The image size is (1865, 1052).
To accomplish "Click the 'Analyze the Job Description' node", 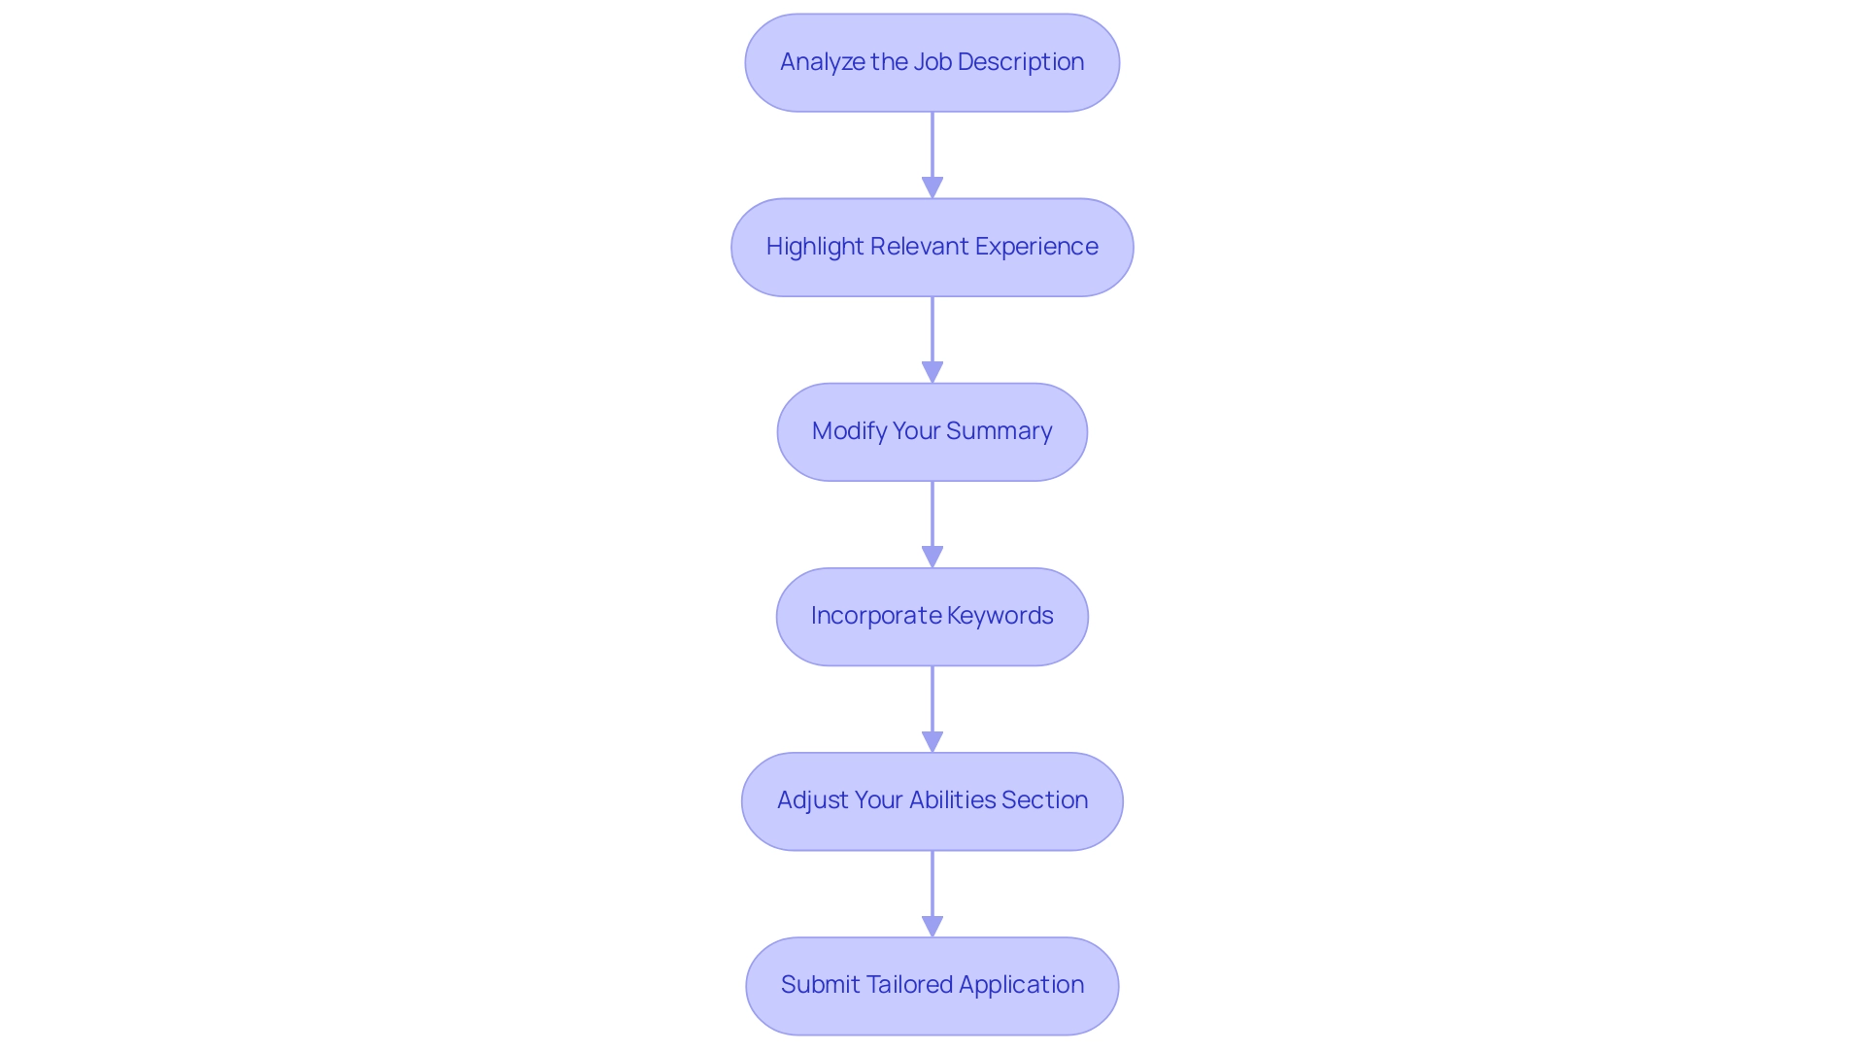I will click(932, 62).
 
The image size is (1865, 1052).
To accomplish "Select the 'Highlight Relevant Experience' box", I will click(932, 247).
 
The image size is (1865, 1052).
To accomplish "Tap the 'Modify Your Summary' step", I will click(932, 431).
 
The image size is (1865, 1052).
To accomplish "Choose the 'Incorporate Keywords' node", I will click(932, 616).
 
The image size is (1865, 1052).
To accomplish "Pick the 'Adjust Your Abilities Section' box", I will click(932, 800).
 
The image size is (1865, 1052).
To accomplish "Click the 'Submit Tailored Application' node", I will click(932, 985).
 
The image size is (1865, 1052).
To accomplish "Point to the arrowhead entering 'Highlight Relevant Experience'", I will click(932, 187).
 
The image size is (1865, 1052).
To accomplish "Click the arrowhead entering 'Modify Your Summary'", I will click(932, 372).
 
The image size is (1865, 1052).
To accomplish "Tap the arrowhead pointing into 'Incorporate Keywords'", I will click(932, 557).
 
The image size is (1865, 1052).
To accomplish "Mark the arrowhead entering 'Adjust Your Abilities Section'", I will click(932, 741).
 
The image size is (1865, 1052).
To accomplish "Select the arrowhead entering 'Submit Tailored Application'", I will click(932, 926).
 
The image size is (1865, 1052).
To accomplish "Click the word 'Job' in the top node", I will click(932, 62).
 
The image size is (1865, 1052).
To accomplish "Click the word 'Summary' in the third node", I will click(999, 431).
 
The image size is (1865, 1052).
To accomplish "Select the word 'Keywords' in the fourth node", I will click(1000, 616).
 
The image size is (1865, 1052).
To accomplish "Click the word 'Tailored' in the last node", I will click(908, 985).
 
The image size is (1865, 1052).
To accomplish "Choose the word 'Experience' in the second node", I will click(1036, 247).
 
